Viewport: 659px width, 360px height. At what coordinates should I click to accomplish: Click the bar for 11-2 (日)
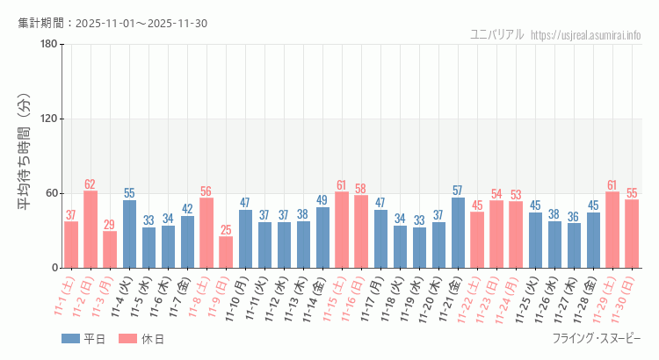click(91, 229)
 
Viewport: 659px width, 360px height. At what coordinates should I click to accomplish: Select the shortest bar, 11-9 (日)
click(226, 252)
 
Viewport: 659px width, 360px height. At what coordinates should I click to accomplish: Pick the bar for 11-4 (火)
click(129, 234)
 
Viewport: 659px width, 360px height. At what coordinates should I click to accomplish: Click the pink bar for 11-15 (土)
click(342, 230)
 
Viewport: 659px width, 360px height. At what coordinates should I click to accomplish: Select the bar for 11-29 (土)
click(612, 230)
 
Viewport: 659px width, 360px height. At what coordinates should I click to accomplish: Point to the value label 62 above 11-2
click(91, 184)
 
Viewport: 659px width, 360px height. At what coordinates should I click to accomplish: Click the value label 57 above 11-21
click(458, 191)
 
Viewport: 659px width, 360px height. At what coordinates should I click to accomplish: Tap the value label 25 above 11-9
click(226, 230)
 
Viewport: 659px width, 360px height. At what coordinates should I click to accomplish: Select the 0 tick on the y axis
click(54, 268)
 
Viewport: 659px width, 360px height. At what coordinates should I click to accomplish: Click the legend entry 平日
click(83, 339)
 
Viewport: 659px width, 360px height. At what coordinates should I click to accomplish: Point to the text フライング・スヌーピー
click(597, 339)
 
